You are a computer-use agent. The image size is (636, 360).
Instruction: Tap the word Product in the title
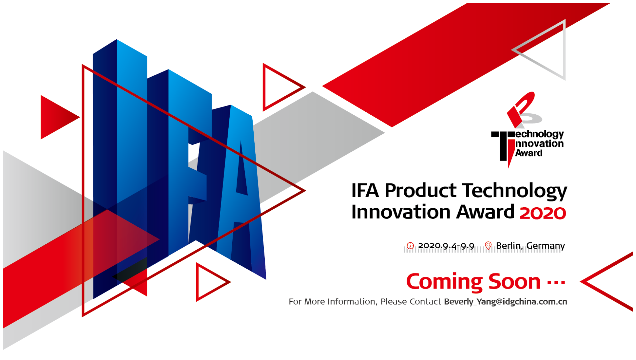420,191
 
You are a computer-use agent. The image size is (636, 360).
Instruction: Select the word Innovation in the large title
401,212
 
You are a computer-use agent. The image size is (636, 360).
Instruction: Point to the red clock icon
410,246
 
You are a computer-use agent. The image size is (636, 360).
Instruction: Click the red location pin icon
488,246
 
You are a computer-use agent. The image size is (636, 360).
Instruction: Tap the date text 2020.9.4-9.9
446,246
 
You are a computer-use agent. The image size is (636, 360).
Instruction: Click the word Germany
546,246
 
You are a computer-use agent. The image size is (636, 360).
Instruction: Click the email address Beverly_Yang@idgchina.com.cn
506,302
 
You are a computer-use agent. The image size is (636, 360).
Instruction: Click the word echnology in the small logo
539,135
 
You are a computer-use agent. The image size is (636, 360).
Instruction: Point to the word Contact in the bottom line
425,302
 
